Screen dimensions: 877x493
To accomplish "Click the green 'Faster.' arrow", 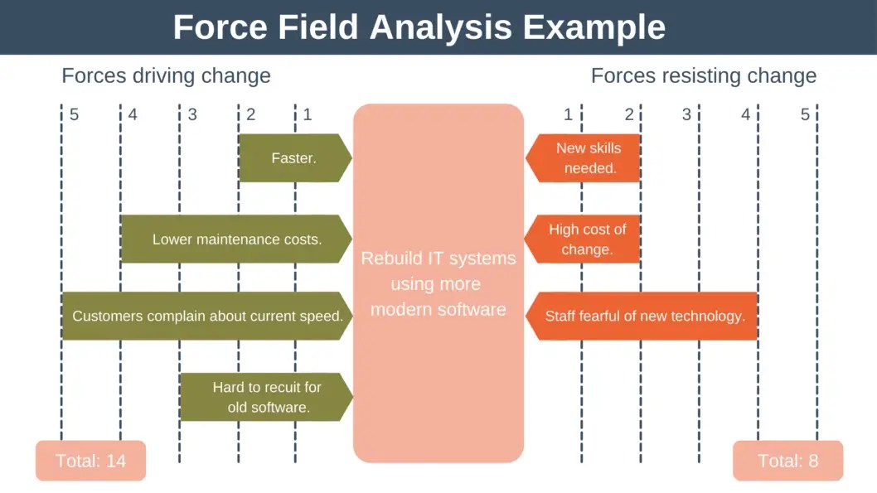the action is tap(295, 157).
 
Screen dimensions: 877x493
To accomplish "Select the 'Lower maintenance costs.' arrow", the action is tap(236, 239).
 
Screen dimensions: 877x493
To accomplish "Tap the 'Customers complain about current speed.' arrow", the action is tap(207, 316).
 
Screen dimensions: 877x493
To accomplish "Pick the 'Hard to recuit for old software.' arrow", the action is tap(266, 397).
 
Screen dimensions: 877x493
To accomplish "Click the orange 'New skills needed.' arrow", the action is tap(583, 157).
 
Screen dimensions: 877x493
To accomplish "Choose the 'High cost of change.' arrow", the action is tap(582, 239).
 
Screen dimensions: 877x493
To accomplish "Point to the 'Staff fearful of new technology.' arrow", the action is tap(642, 316).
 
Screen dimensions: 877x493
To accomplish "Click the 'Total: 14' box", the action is tap(90, 461).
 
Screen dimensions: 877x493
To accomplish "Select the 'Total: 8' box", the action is tap(787, 461).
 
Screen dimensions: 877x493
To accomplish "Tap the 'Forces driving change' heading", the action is tap(166, 75).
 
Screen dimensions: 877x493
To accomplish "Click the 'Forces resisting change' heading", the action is tap(704, 75).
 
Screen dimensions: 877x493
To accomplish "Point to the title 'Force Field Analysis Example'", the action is tap(419, 27).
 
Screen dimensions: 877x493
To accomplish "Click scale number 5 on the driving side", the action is tap(74, 114).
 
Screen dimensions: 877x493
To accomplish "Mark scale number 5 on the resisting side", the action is tap(805, 114).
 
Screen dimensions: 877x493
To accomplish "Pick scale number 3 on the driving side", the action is tap(192, 114).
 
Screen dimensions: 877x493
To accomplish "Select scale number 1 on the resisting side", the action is tap(569, 114).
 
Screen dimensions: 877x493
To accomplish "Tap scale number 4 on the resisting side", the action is tap(745, 114).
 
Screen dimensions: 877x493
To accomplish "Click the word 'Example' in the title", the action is tap(594, 27).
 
